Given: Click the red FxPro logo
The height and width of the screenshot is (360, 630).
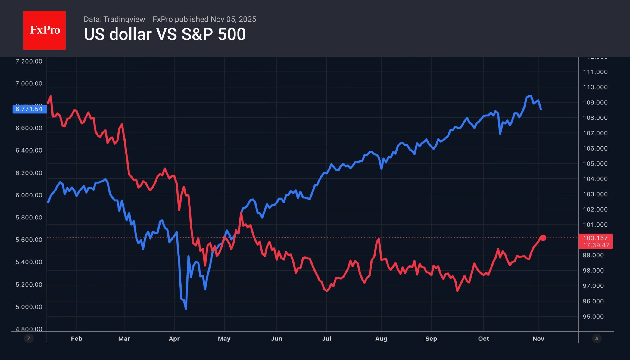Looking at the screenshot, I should (x=45, y=30).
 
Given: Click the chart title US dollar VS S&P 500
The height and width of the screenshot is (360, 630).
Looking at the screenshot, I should (x=165, y=34).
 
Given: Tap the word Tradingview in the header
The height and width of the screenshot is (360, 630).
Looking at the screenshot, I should (x=124, y=19).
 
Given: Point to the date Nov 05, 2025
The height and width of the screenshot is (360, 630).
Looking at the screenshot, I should (x=233, y=19).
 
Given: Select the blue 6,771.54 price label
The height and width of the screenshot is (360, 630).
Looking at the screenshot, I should (x=29, y=109).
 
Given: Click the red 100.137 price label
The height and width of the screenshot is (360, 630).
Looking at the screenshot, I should (x=595, y=238).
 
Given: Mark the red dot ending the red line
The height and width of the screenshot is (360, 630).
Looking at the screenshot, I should (x=543, y=238).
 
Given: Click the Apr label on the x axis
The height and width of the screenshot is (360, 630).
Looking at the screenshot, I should (x=174, y=339).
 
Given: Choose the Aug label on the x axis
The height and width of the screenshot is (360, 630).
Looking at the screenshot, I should (x=381, y=339).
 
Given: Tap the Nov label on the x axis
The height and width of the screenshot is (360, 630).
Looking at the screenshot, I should (x=538, y=339).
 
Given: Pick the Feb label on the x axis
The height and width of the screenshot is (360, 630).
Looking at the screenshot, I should (x=76, y=339).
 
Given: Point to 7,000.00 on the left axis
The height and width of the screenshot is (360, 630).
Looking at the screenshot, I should (x=29, y=83).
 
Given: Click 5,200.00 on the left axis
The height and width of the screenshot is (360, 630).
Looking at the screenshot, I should (x=29, y=284).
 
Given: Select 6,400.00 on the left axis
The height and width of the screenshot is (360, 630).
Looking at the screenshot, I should (x=29, y=150).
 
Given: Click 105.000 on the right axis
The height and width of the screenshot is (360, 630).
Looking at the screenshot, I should (x=595, y=163).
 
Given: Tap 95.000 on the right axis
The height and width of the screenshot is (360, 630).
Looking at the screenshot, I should (x=593, y=316).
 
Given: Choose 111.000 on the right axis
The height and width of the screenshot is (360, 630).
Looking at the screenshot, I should (x=595, y=72).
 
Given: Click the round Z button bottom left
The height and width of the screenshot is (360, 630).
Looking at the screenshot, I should (x=29, y=339).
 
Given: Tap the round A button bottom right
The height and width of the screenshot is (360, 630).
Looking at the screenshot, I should (x=597, y=339).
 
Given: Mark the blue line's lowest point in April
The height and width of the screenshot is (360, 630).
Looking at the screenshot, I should (x=186, y=309).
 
